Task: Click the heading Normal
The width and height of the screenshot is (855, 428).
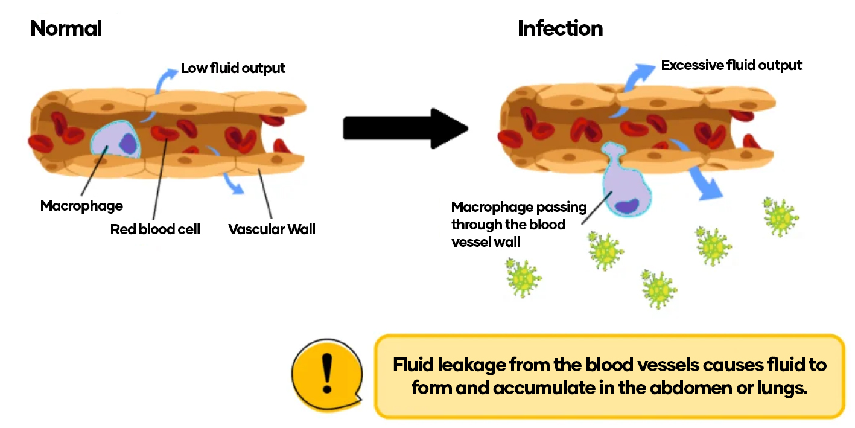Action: pos(66,28)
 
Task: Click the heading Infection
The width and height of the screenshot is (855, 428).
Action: pos(560,28)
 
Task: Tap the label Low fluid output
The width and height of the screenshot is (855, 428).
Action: pos(233,68)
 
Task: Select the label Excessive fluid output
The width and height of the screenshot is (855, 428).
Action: pos(731,65)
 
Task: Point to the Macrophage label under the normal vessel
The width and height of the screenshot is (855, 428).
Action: pos(81,206)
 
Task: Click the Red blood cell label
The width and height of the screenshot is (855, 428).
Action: pos(155,229)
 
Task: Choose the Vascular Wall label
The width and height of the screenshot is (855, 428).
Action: pos(272,229)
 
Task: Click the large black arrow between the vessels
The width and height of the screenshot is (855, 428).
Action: pos(405,128)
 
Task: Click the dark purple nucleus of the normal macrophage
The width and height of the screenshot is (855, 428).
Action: pos(127,143)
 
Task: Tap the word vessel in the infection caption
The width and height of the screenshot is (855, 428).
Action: pos(470,242)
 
